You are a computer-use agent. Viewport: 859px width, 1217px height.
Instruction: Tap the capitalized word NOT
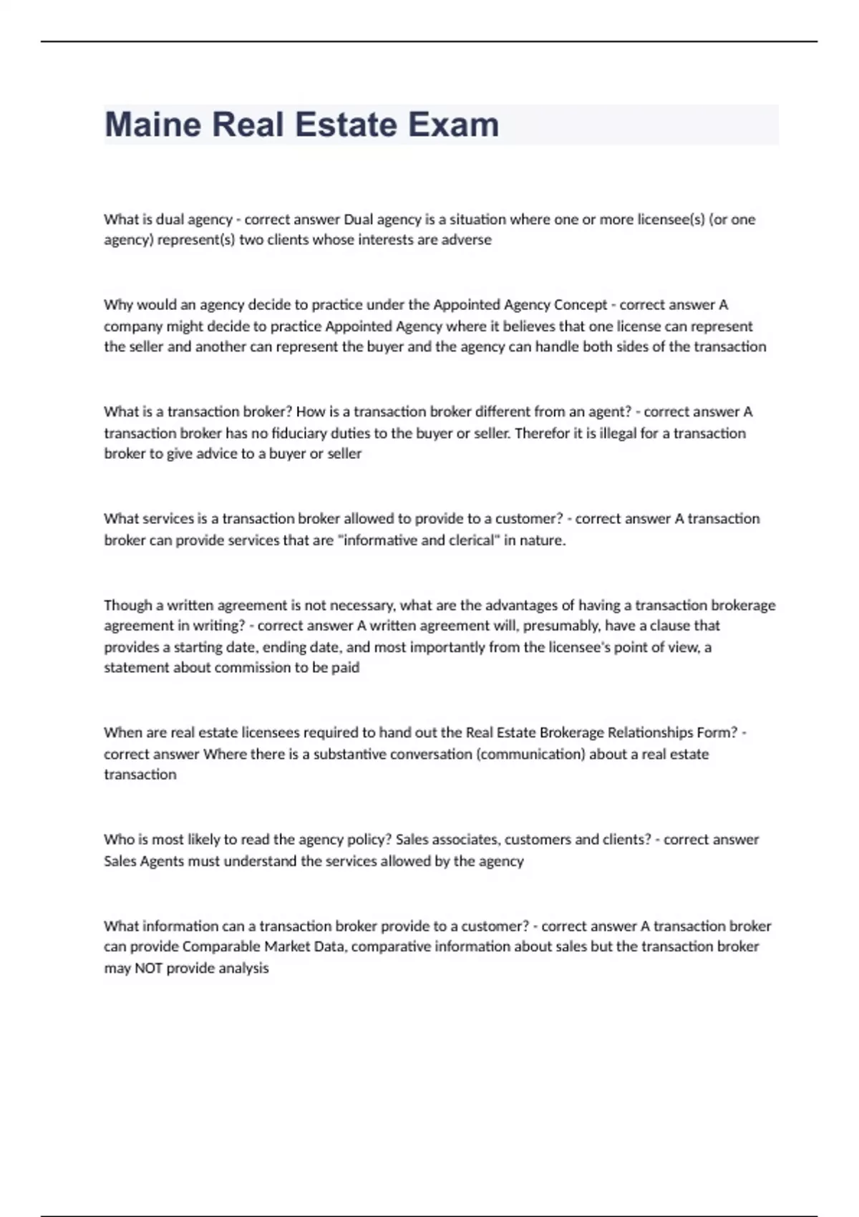click(x=148, y=968)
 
